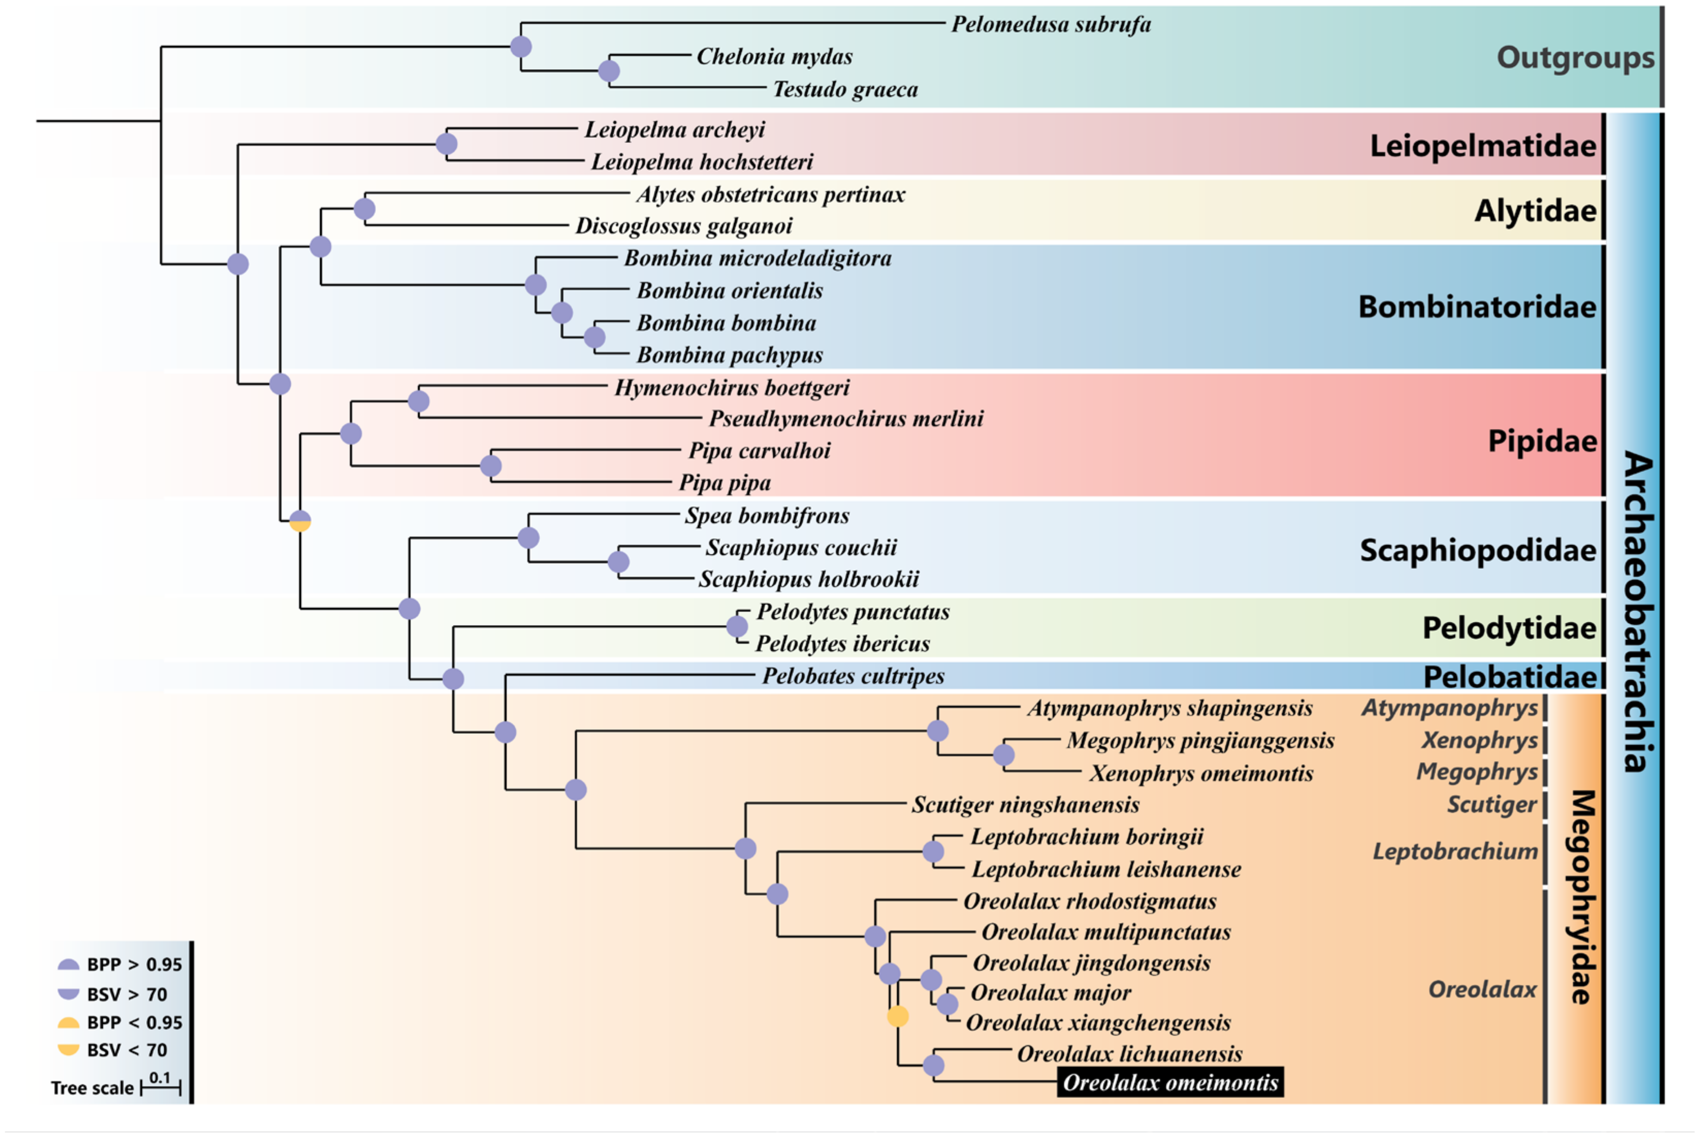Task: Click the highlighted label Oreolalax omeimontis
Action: pyautogui.click(x=1169, y=1082)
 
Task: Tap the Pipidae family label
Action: pyautogui.click(x=1542, y=441)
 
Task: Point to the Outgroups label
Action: pyautogui.click(x=1575, y=57)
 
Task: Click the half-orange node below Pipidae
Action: pyautogui.click(x=300, y=521)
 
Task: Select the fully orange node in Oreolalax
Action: pyautogui.click(x=897, y=1016)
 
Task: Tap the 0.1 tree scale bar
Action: pyautogui.click(x=160, y=1086)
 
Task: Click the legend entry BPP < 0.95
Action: pyautogui.click(x=134, y=1022)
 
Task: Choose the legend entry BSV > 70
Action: pyautogui.click(x=127, y=995)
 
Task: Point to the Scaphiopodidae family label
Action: pyautogui.click(x=1477, y=550)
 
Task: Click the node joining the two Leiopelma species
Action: pyautogui.click(x=447, y=143)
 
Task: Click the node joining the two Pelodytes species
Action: pyautogui.click(x=737, y=627)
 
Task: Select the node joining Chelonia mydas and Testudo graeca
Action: pyautogui.click(x=609, y=71)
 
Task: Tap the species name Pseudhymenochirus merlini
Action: pyautogui.click(x=846, y=419)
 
